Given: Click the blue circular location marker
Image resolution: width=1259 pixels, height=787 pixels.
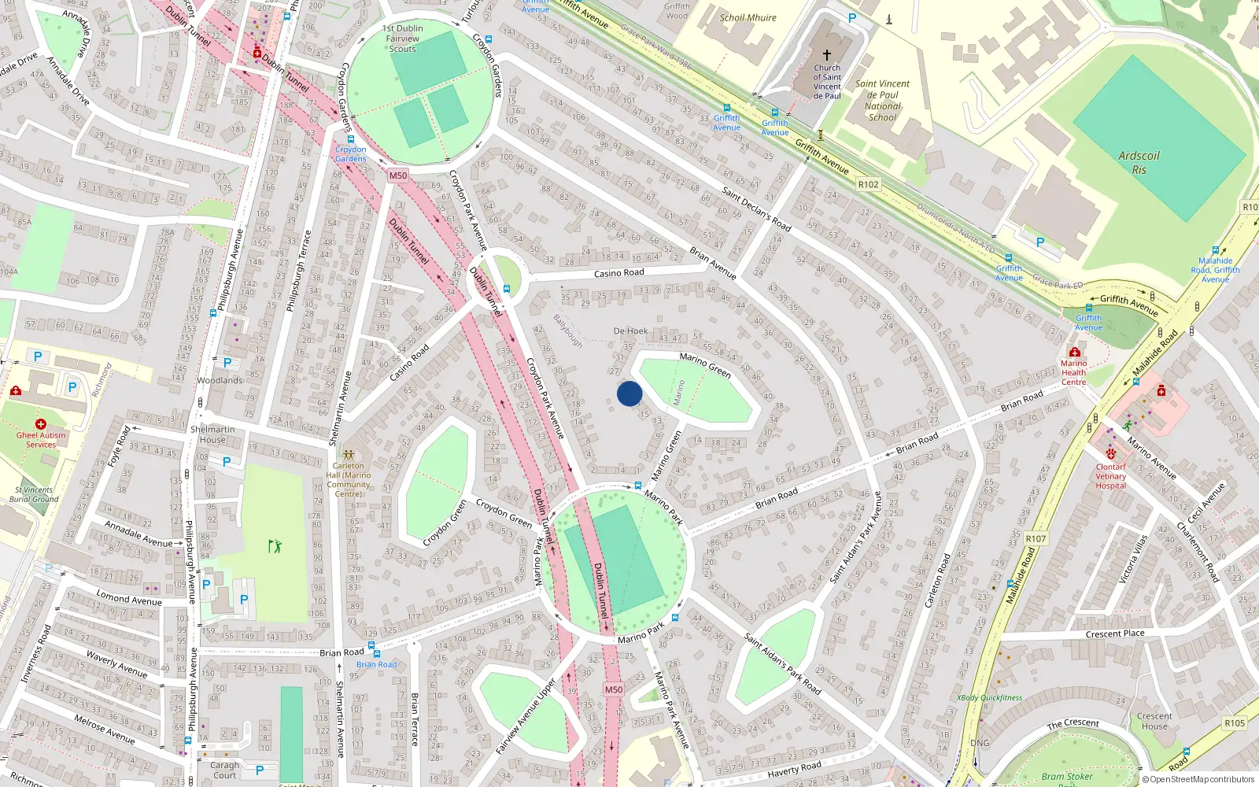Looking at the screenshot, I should click(629, 393).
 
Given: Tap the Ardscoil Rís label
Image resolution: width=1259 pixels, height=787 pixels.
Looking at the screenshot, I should click(1139, 162).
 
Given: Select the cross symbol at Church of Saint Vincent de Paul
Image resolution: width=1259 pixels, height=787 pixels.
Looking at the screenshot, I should click(827, 55).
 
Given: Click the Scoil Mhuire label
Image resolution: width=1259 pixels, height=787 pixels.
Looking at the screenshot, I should click(748, 17).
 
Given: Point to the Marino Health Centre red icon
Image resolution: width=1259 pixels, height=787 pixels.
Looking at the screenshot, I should click(1074, 352).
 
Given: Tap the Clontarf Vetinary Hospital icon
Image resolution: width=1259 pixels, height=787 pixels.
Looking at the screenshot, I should click(1111, 454).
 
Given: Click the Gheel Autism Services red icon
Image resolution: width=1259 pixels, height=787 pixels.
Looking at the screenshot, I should click(41, 424).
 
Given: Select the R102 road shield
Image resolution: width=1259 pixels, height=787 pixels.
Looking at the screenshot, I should click(868, 184).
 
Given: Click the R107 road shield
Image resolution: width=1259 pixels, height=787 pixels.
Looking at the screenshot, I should click(1036, 539).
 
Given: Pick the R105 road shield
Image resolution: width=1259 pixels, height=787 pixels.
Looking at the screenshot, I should click(1235, 723).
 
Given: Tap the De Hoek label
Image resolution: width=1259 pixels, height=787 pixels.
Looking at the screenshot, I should click(631, 331).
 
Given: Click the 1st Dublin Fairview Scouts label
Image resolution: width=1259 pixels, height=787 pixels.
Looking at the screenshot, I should click(402, 39).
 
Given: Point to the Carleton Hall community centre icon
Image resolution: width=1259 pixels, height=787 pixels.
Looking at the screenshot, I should click(349, 454).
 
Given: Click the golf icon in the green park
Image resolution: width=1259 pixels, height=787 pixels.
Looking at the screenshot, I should click(275, 545).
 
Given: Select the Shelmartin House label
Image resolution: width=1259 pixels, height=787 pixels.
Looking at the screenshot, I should click(212, 434).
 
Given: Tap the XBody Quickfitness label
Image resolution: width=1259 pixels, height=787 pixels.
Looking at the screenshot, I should click(989, 697).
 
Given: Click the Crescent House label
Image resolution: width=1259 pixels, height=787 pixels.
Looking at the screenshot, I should click(1154, 721).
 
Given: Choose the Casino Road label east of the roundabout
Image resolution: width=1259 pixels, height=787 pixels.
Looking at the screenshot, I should click(618, 273).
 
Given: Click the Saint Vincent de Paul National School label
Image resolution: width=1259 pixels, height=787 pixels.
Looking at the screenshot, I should click(882, 101).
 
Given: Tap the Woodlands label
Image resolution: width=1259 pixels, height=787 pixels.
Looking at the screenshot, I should click(220, 380).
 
